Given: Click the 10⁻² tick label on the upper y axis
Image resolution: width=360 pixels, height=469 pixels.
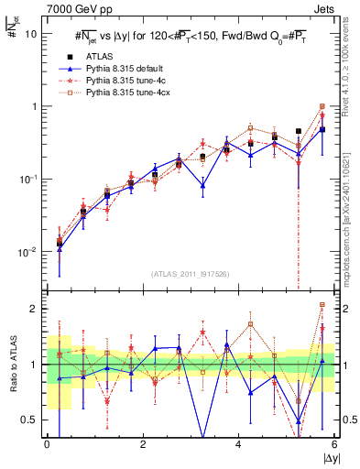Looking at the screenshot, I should coord(28,252).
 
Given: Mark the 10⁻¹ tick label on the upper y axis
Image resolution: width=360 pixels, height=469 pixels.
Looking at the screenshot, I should coord(28,179).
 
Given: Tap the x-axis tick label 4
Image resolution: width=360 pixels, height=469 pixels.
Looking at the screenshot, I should coord(239,444).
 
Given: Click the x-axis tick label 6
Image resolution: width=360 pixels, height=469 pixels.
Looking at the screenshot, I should coord(334,444).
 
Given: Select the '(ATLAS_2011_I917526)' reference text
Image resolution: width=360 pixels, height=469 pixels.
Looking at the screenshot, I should coord(190,274).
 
